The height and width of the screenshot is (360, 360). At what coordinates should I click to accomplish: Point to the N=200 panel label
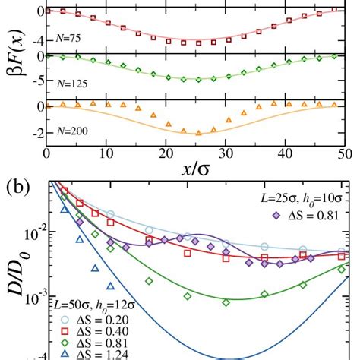66,131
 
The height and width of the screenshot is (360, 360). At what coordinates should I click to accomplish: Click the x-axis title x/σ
193,168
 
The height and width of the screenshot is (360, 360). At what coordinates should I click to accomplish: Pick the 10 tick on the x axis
106,153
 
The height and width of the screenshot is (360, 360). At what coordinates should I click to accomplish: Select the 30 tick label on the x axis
226,153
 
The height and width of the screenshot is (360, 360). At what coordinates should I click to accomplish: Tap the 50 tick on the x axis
343,153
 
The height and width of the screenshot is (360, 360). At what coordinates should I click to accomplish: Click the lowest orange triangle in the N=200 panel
197,132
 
